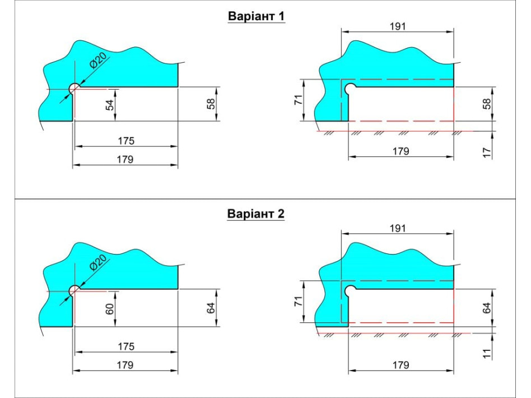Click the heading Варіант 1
257,16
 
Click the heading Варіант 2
255,214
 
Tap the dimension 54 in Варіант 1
110,105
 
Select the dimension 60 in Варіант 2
110,309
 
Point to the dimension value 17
487,152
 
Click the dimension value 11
487,353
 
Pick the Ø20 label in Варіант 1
97,61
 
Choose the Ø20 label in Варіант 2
97,262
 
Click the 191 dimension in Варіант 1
398,26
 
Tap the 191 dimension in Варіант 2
398,228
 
